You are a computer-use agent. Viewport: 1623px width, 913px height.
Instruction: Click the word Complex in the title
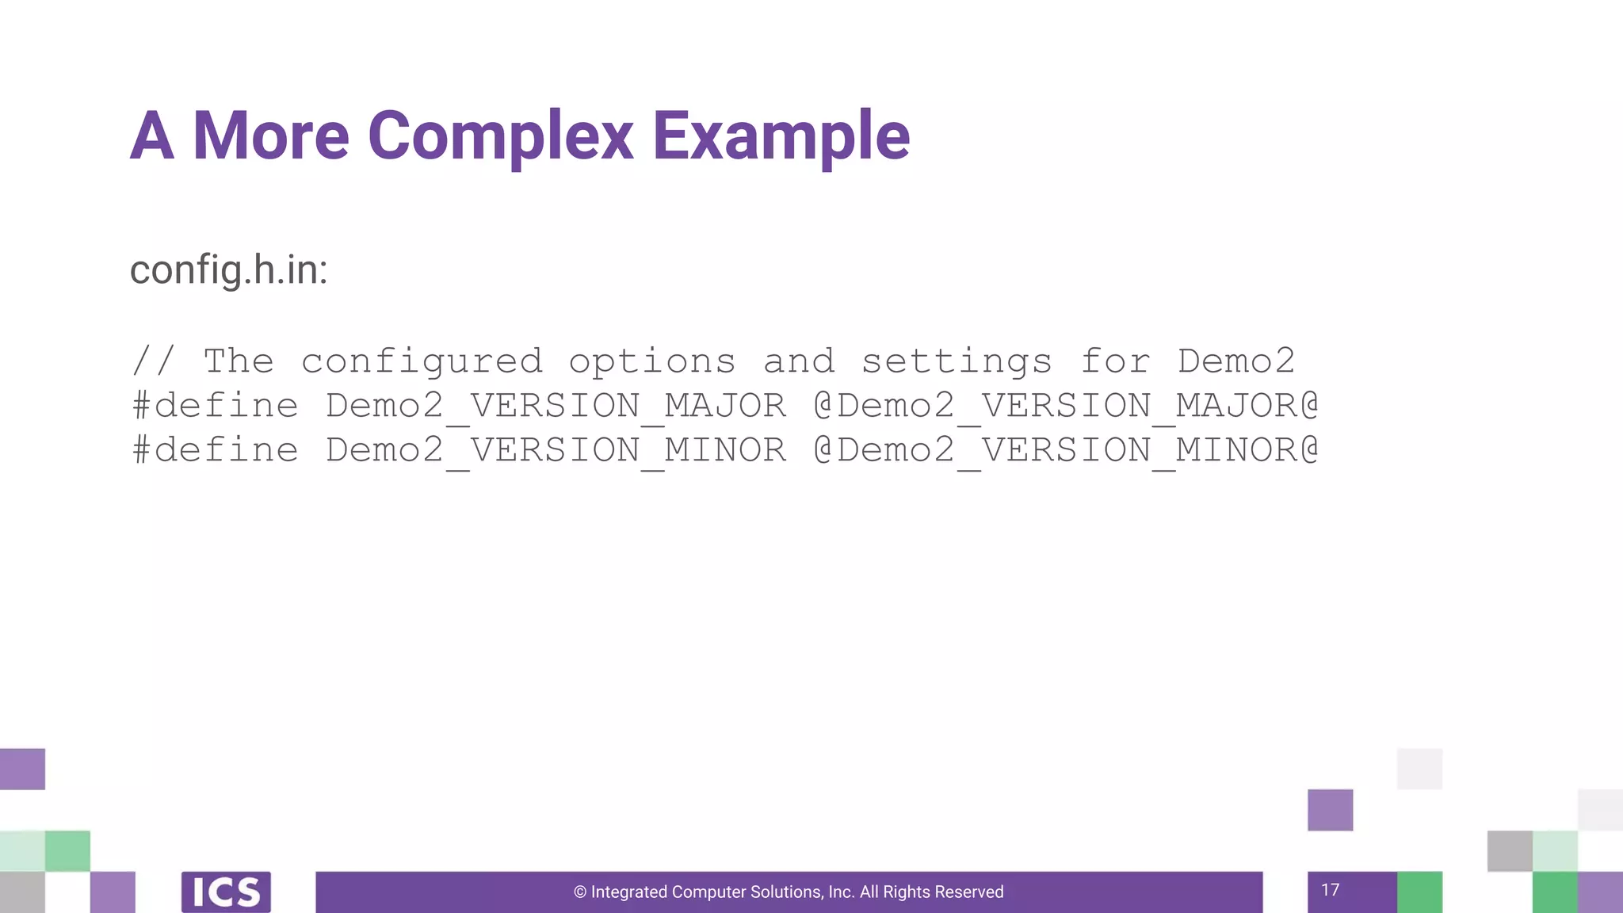click(x=500, y=136)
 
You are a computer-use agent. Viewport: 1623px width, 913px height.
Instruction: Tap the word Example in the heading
click(x=781, y=136)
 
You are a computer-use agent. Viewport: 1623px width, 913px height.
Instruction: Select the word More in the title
click(x=270, y=136)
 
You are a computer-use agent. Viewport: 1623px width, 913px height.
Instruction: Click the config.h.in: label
click(x=228, y=269)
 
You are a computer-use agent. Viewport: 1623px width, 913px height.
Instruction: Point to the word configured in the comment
click(x=422, y=362)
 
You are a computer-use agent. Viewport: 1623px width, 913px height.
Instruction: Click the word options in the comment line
click(x=652, y=362)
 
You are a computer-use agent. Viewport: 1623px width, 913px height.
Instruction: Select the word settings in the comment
click(x=957, y=362)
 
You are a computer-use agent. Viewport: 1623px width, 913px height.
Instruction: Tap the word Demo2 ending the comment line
click(x=1235, y=362)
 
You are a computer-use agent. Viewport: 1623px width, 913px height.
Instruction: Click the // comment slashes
click(x=154, y=362)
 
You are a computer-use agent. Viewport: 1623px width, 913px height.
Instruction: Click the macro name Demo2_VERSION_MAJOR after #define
click(x=556, y=407)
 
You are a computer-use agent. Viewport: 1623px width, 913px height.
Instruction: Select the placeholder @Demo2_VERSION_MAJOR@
click(x=1066, y=407)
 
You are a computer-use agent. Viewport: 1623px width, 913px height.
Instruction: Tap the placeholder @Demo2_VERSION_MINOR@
click(x=1066, y=451)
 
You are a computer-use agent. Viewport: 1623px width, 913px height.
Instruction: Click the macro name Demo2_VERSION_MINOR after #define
click(x=556, y=451)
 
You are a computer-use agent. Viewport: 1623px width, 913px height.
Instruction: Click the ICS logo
click(x=226, y=892)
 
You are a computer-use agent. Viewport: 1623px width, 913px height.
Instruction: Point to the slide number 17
click(x=1330, y=890)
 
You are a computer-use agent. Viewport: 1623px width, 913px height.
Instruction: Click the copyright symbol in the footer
click(x=580, y=892)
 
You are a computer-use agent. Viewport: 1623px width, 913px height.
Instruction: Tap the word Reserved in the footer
click(x=971, y=892)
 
